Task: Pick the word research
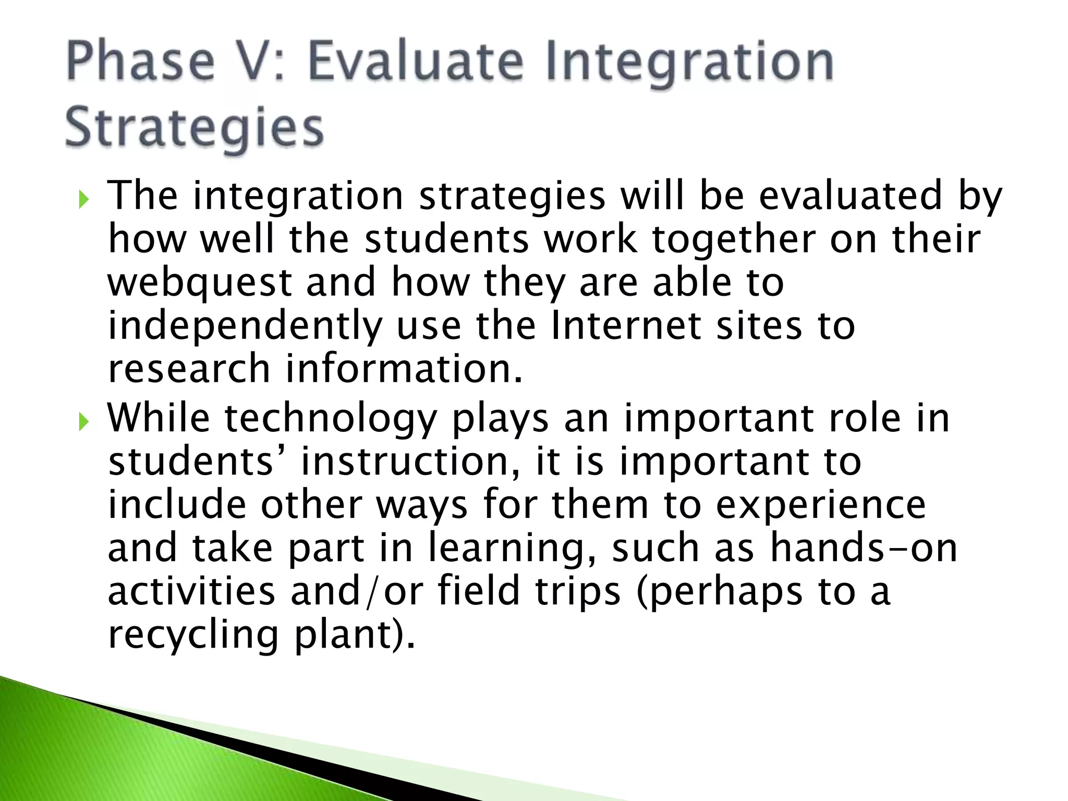tap(188, 369)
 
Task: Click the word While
tap(159, 418)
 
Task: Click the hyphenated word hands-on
tap(864, 548)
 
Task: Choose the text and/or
tap(357, 592)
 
